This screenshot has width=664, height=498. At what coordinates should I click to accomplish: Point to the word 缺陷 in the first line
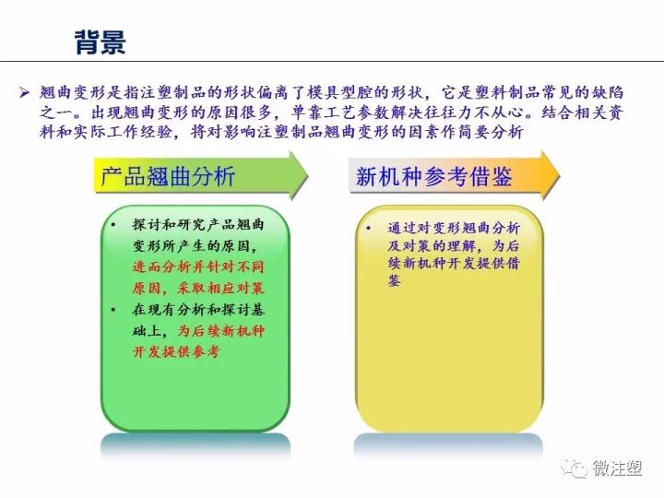630,92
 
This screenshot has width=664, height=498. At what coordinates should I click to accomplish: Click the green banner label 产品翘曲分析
168,175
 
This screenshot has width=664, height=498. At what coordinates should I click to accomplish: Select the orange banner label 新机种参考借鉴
433,175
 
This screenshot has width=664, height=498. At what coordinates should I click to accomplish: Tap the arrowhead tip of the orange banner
559,174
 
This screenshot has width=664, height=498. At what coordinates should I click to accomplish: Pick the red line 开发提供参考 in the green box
177,351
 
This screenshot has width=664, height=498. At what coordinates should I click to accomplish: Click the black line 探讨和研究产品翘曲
198,227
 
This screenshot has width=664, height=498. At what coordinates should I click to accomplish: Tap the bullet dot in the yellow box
368,228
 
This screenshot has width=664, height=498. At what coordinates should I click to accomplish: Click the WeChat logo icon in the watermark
578,469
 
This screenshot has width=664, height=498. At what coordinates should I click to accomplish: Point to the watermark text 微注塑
617,468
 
